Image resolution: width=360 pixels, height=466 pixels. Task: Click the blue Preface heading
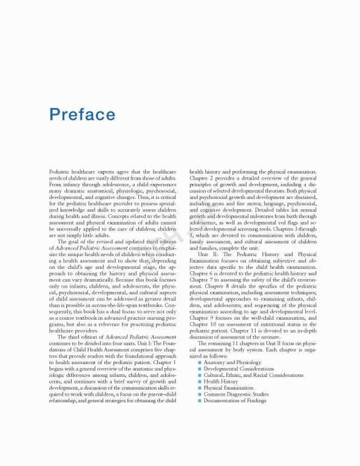pos(83,115)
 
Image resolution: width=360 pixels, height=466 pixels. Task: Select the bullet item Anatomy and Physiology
pos(228,363)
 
